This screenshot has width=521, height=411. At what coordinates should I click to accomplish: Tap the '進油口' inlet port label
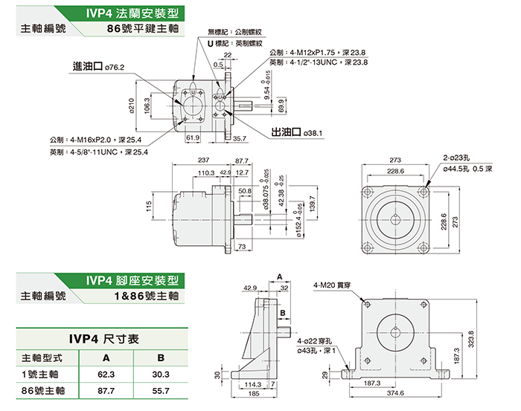pyautogui.click(x=88, y=66)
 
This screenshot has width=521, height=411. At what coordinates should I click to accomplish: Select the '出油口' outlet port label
pyautogui.click(x=287, y=132)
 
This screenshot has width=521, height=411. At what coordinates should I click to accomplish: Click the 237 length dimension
pyautogui.click(x=202, y=161)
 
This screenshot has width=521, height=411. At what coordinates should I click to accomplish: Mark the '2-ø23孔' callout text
pyautogui.click(x=459, y=158)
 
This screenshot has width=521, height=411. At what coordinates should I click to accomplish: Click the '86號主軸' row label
pyautogui.click(x=43, y=390)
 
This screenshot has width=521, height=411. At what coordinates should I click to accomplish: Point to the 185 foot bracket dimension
pyautogui.click(x=254, y=393)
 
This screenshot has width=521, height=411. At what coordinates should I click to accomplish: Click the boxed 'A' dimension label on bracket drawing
pyautogui.click(x=280, y=276)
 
